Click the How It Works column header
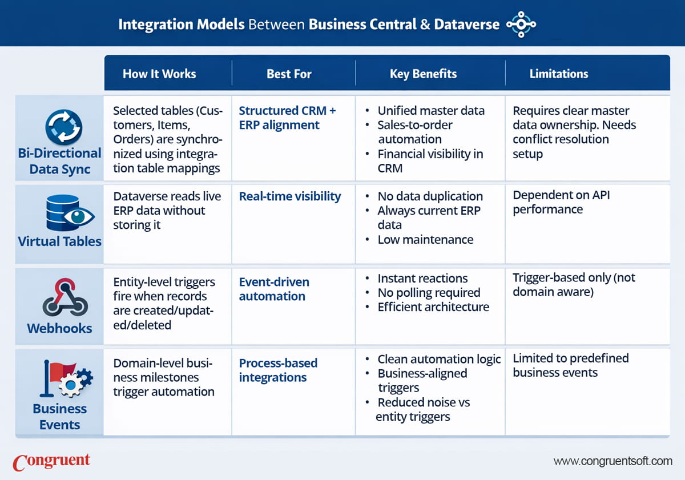click(159, 74)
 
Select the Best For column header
click(289, 74)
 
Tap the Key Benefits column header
click(423, 74)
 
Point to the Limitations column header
click(558, 74)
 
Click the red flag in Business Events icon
click(55, 372)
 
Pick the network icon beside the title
click(521, 24)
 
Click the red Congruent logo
click(51, 461)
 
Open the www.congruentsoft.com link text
click(613, 461)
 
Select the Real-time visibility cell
click(289, 196)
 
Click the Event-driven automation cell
click(274, 289)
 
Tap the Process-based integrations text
click(278, 370)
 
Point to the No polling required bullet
click(429, 293)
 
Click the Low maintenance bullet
click(425, 239)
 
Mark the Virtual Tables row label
click(59, 241)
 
